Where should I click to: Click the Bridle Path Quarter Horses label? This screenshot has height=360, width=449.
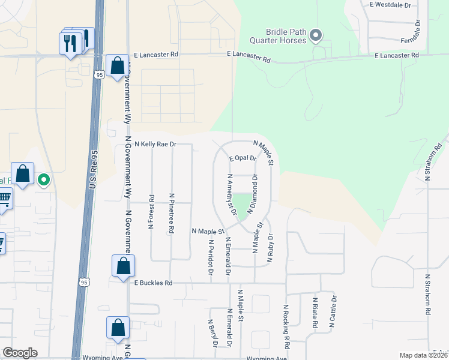pyautogui.click(x=286, y=36)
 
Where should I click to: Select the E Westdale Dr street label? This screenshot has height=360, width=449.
pyautogui.click(x=390, y=5)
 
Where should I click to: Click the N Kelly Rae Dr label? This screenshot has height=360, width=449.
pyautogui.click(x=155, y=145)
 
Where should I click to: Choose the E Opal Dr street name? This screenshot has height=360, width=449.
pyautogui.click(x=243, y=158)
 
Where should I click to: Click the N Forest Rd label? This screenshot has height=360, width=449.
pyautogui.click(x=151, y=211)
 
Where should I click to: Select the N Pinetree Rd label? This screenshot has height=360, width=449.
pyautogui.click(x=172, y=212)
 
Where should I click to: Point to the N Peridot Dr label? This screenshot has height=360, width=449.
pyautogui.click(x=211, y=258)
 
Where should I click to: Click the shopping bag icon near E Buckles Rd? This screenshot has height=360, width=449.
pyautogui.click(x=123, y=266)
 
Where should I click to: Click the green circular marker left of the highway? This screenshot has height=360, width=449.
pyautogui.click(x=44, y=179)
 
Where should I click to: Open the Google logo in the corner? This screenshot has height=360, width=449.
pyautogui.click(x=20, y=353)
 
